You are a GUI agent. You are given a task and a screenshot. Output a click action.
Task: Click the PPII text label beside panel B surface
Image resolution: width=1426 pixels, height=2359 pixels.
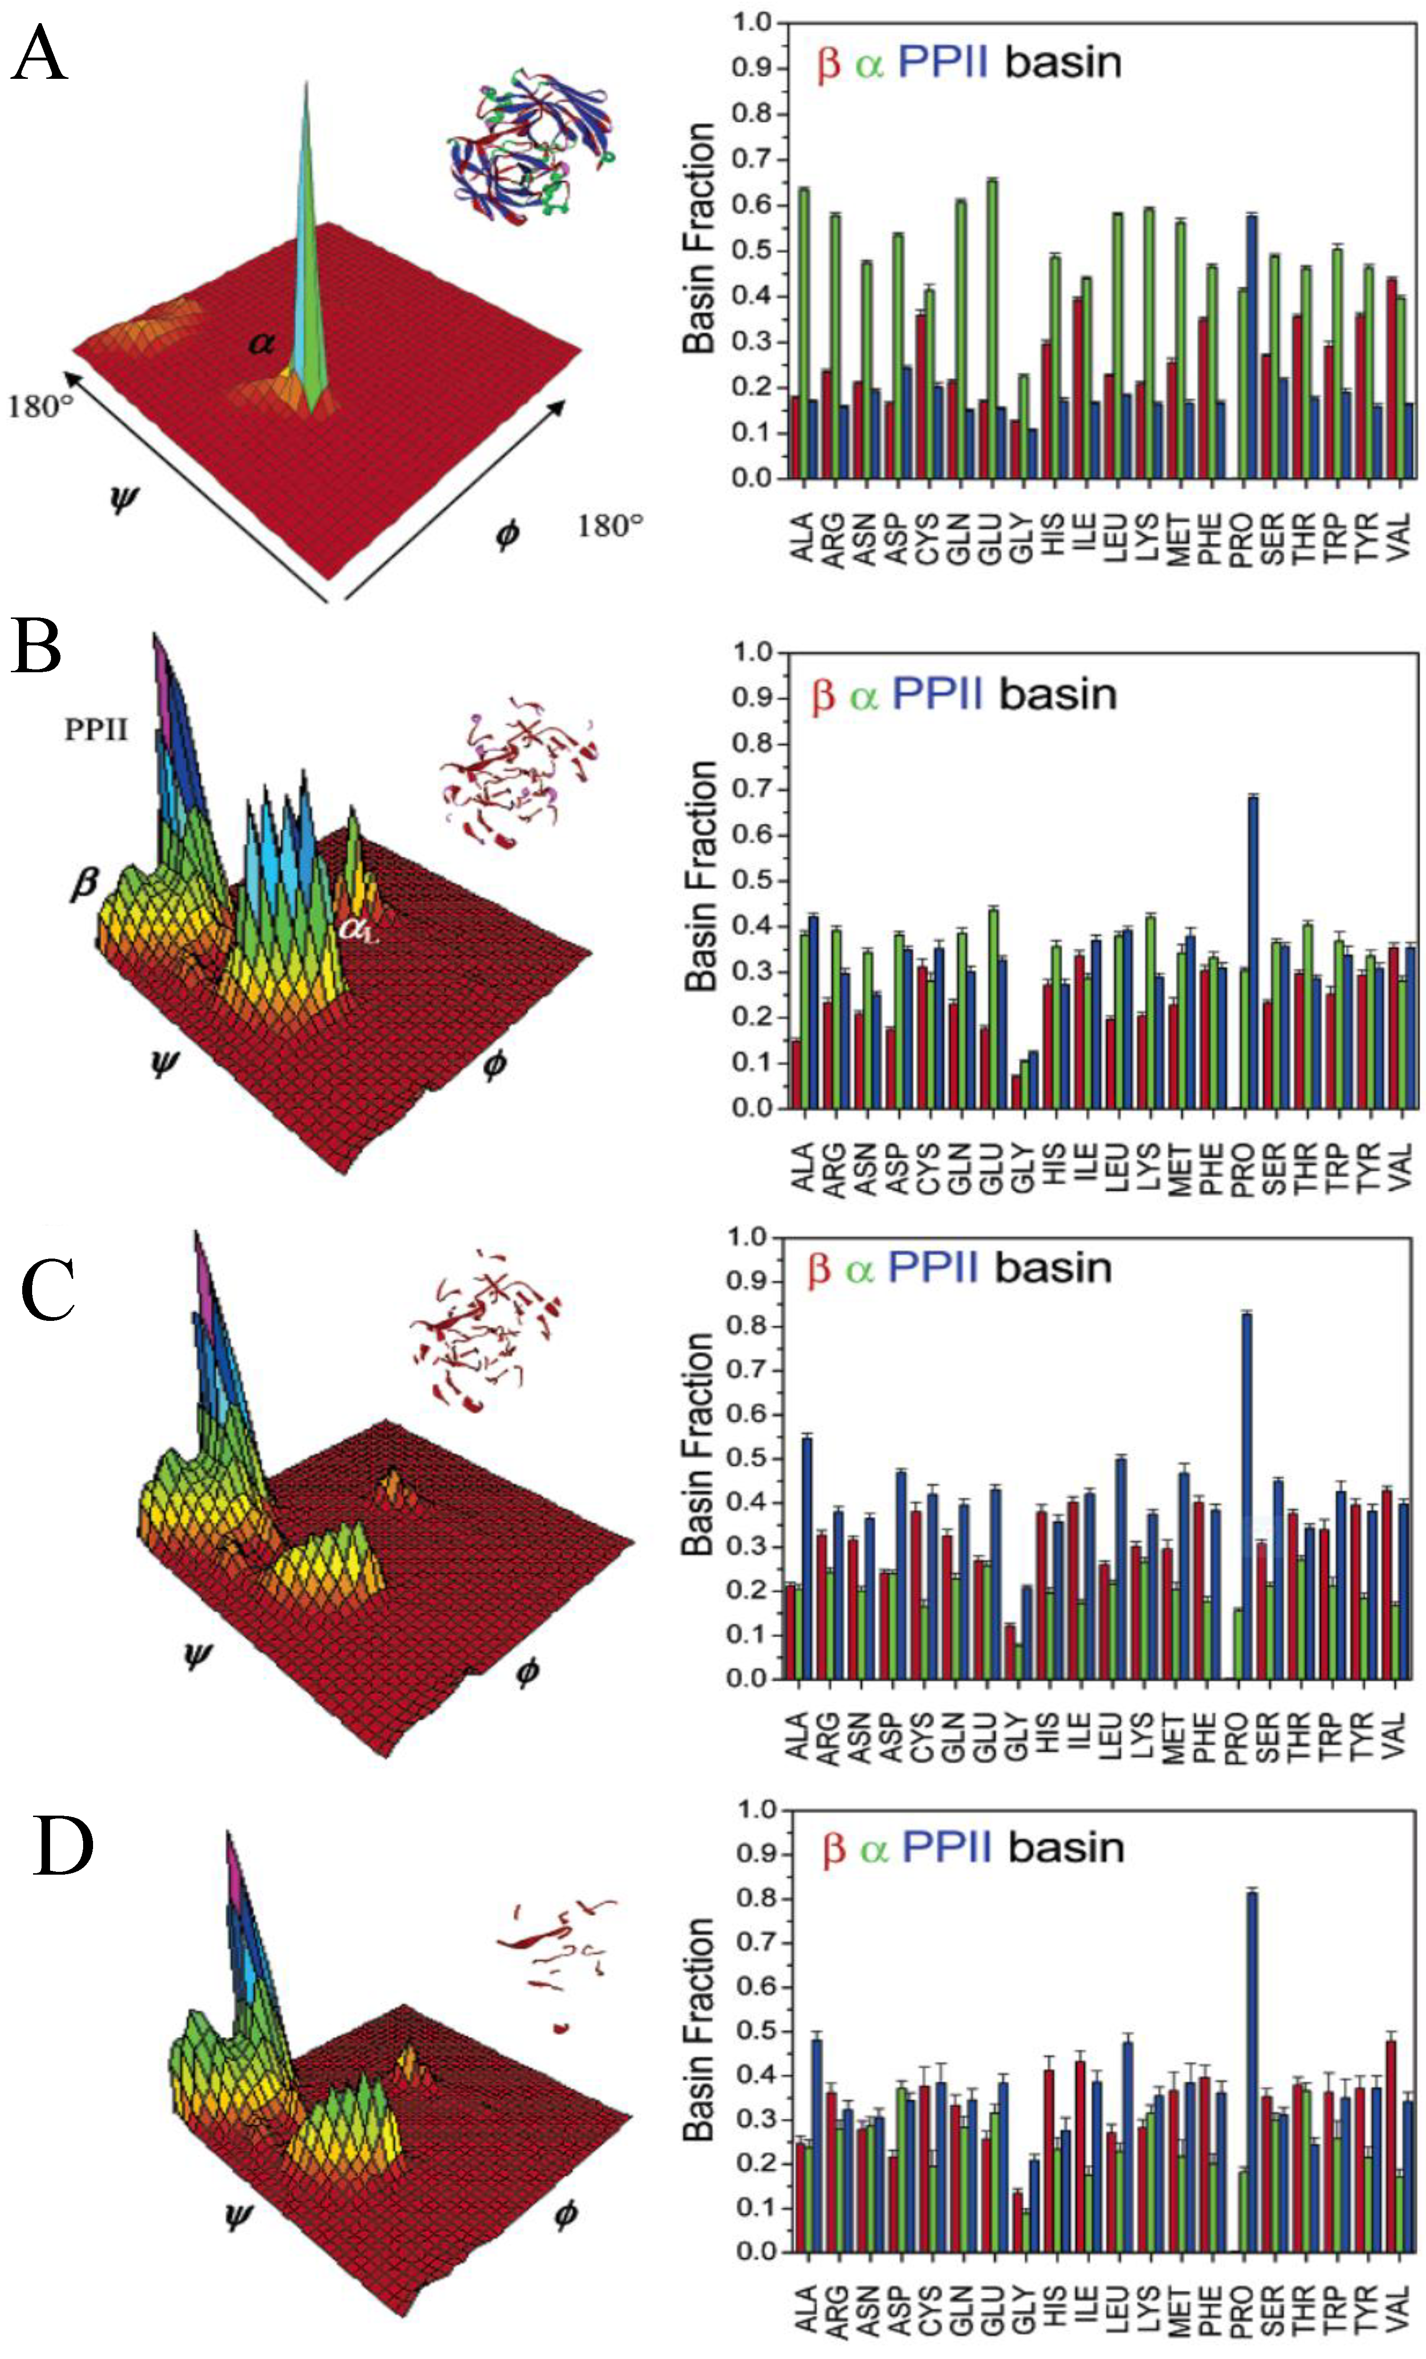point(96,730)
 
